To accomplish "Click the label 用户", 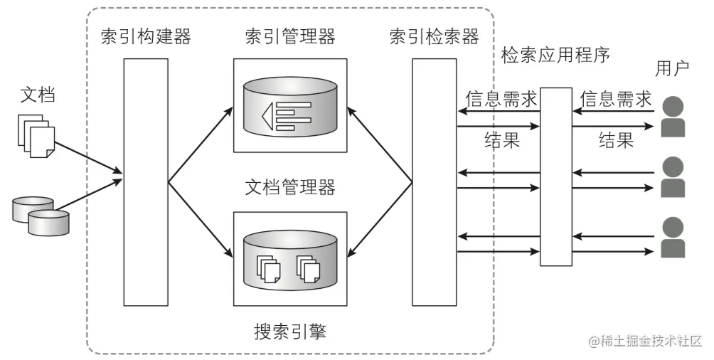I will [x=672, y=68].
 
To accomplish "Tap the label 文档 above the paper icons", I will [x=38, y=95].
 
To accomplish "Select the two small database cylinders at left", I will [x=42, y=216].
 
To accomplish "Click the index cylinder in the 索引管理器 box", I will [x=290, y=107].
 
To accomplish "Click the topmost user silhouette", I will [x=672, y=118].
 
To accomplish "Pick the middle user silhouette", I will [x=672, y=177].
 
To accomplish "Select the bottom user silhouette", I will [x=672, y=238].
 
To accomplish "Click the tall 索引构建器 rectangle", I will [x=146, y=182].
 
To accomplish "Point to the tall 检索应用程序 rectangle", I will [x=555, y=176].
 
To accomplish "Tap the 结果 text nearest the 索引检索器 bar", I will [x=501, y=139].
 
